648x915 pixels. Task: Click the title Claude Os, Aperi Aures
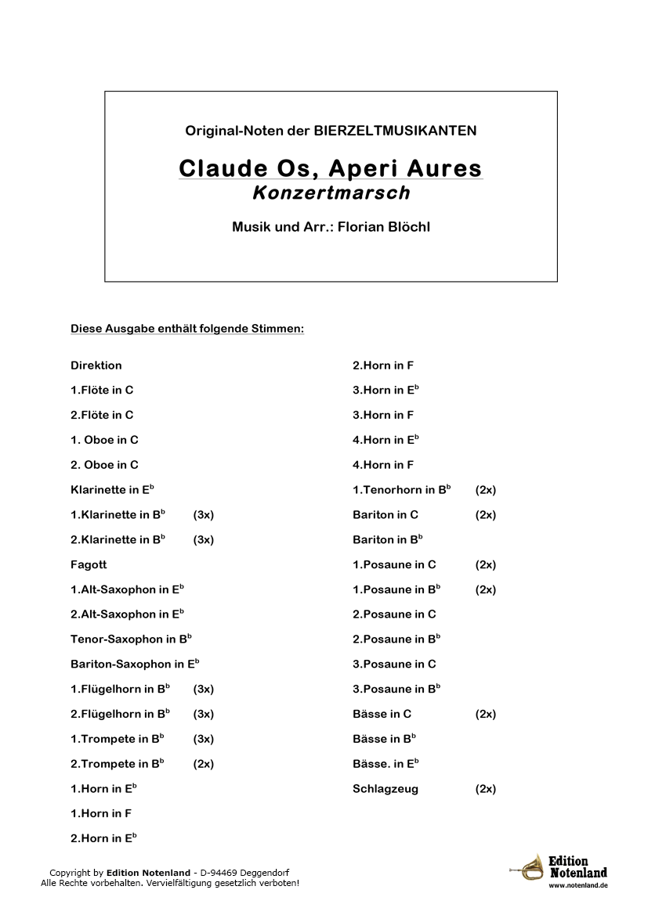pos(330,168)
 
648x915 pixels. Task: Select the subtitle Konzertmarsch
pos(331,192)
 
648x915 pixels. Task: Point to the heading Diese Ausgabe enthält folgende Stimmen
pos(186,329)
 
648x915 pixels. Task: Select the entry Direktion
pos(96,366)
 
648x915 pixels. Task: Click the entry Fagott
pos(89,564)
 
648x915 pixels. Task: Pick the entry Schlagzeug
pos(386,789)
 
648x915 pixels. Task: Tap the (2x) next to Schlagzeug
pos(485,789)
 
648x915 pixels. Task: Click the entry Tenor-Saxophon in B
pos(131,639)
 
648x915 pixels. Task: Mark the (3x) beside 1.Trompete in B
pos(203,739)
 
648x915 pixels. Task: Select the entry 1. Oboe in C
pos(104,440)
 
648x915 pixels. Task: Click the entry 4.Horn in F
pos(383,465)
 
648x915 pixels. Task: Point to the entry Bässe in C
pos(382,714)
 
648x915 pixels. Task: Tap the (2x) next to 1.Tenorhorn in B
pos(485,490)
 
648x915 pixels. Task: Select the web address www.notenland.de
pos(578,885)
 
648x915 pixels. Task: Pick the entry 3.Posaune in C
pos(394,664)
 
